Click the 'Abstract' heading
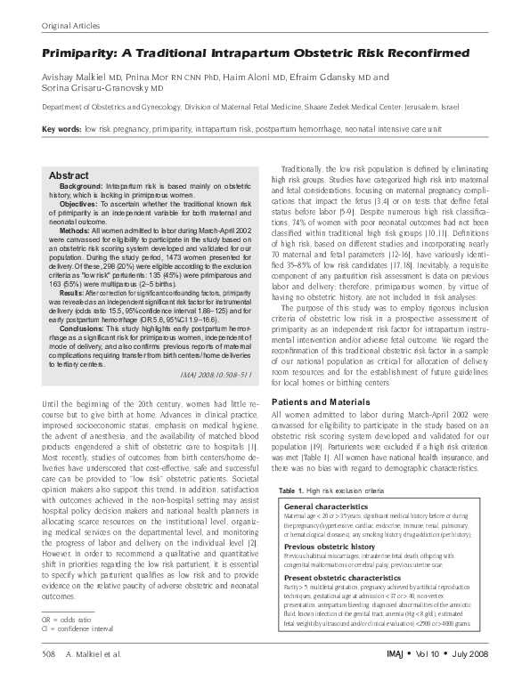pyautogui.click(x=69, y=175)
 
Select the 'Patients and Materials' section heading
pyautogui.click(x=321, y=402)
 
